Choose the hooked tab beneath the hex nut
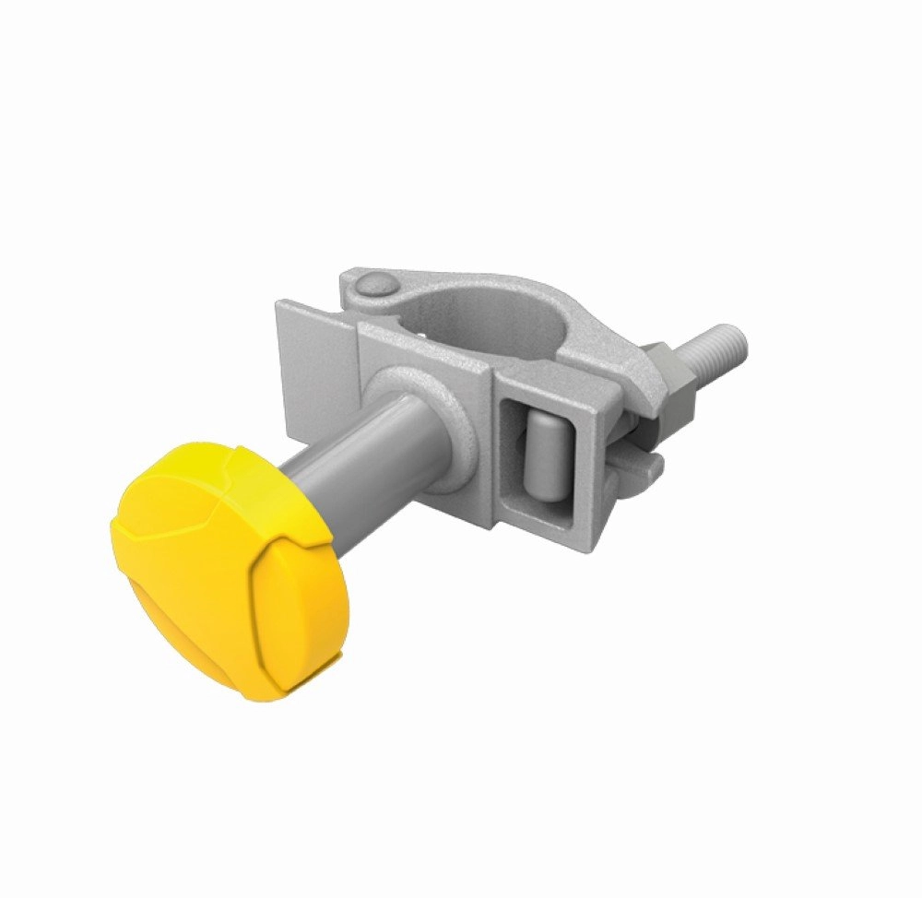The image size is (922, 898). [x=645, y=461]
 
